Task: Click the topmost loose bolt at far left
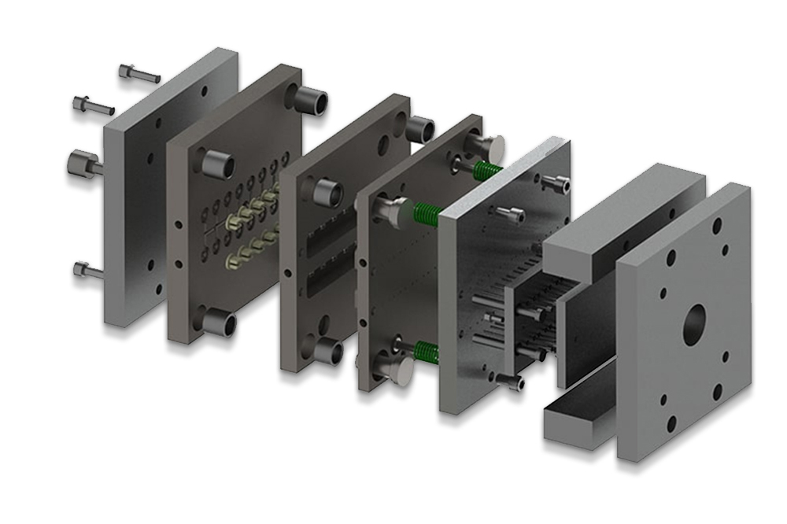coord(138,74)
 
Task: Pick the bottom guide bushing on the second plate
coord(220,323)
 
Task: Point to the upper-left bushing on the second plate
coord(217,164)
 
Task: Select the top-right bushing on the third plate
coord(420,128)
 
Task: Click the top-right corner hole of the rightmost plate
coord(718,224)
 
